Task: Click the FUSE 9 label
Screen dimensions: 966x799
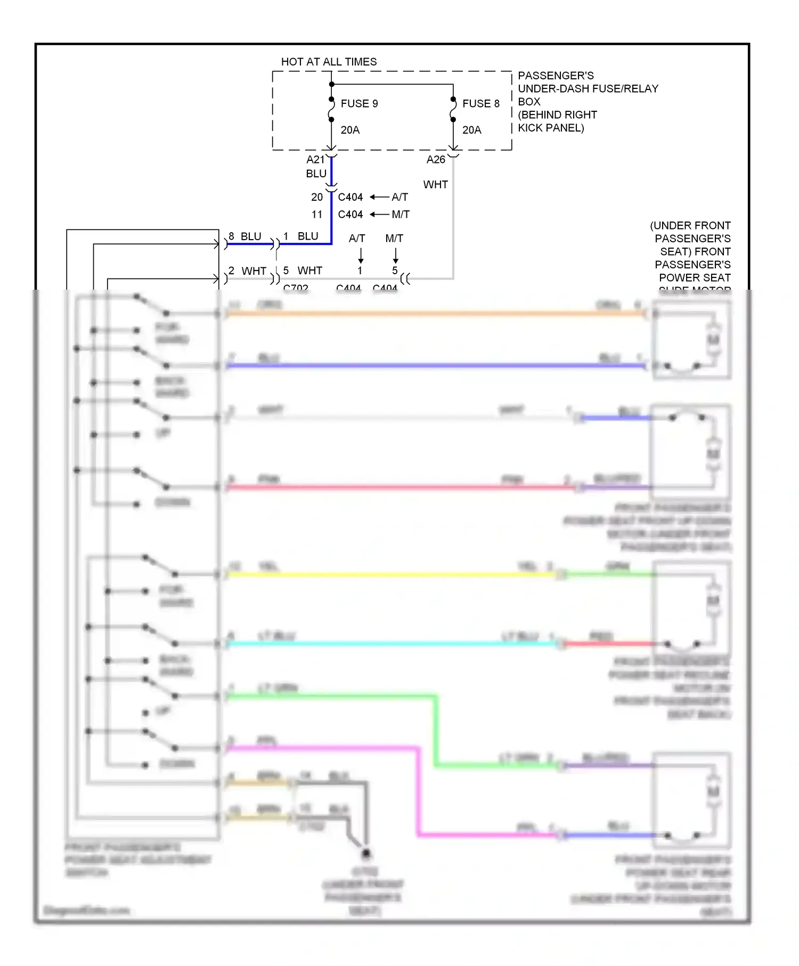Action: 359,103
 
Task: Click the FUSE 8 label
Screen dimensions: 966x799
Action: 480,103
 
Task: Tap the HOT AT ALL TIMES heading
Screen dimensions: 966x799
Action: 329,62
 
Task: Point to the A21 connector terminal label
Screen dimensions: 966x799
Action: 315,159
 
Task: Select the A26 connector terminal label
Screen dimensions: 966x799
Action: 436,159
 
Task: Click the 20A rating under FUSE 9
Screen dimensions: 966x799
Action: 350,130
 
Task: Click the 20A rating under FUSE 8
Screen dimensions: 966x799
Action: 471,130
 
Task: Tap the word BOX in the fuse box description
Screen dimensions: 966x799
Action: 529,102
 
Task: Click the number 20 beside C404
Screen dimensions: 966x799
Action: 317,197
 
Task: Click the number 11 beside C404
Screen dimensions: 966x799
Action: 317,215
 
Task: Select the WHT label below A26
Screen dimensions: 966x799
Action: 435,185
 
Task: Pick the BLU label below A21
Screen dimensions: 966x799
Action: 316,174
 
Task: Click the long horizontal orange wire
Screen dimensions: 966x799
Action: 426,314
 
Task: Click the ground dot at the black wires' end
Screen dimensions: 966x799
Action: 366,853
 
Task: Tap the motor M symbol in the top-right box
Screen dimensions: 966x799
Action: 713,339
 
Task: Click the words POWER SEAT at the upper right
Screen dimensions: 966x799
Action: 695,277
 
